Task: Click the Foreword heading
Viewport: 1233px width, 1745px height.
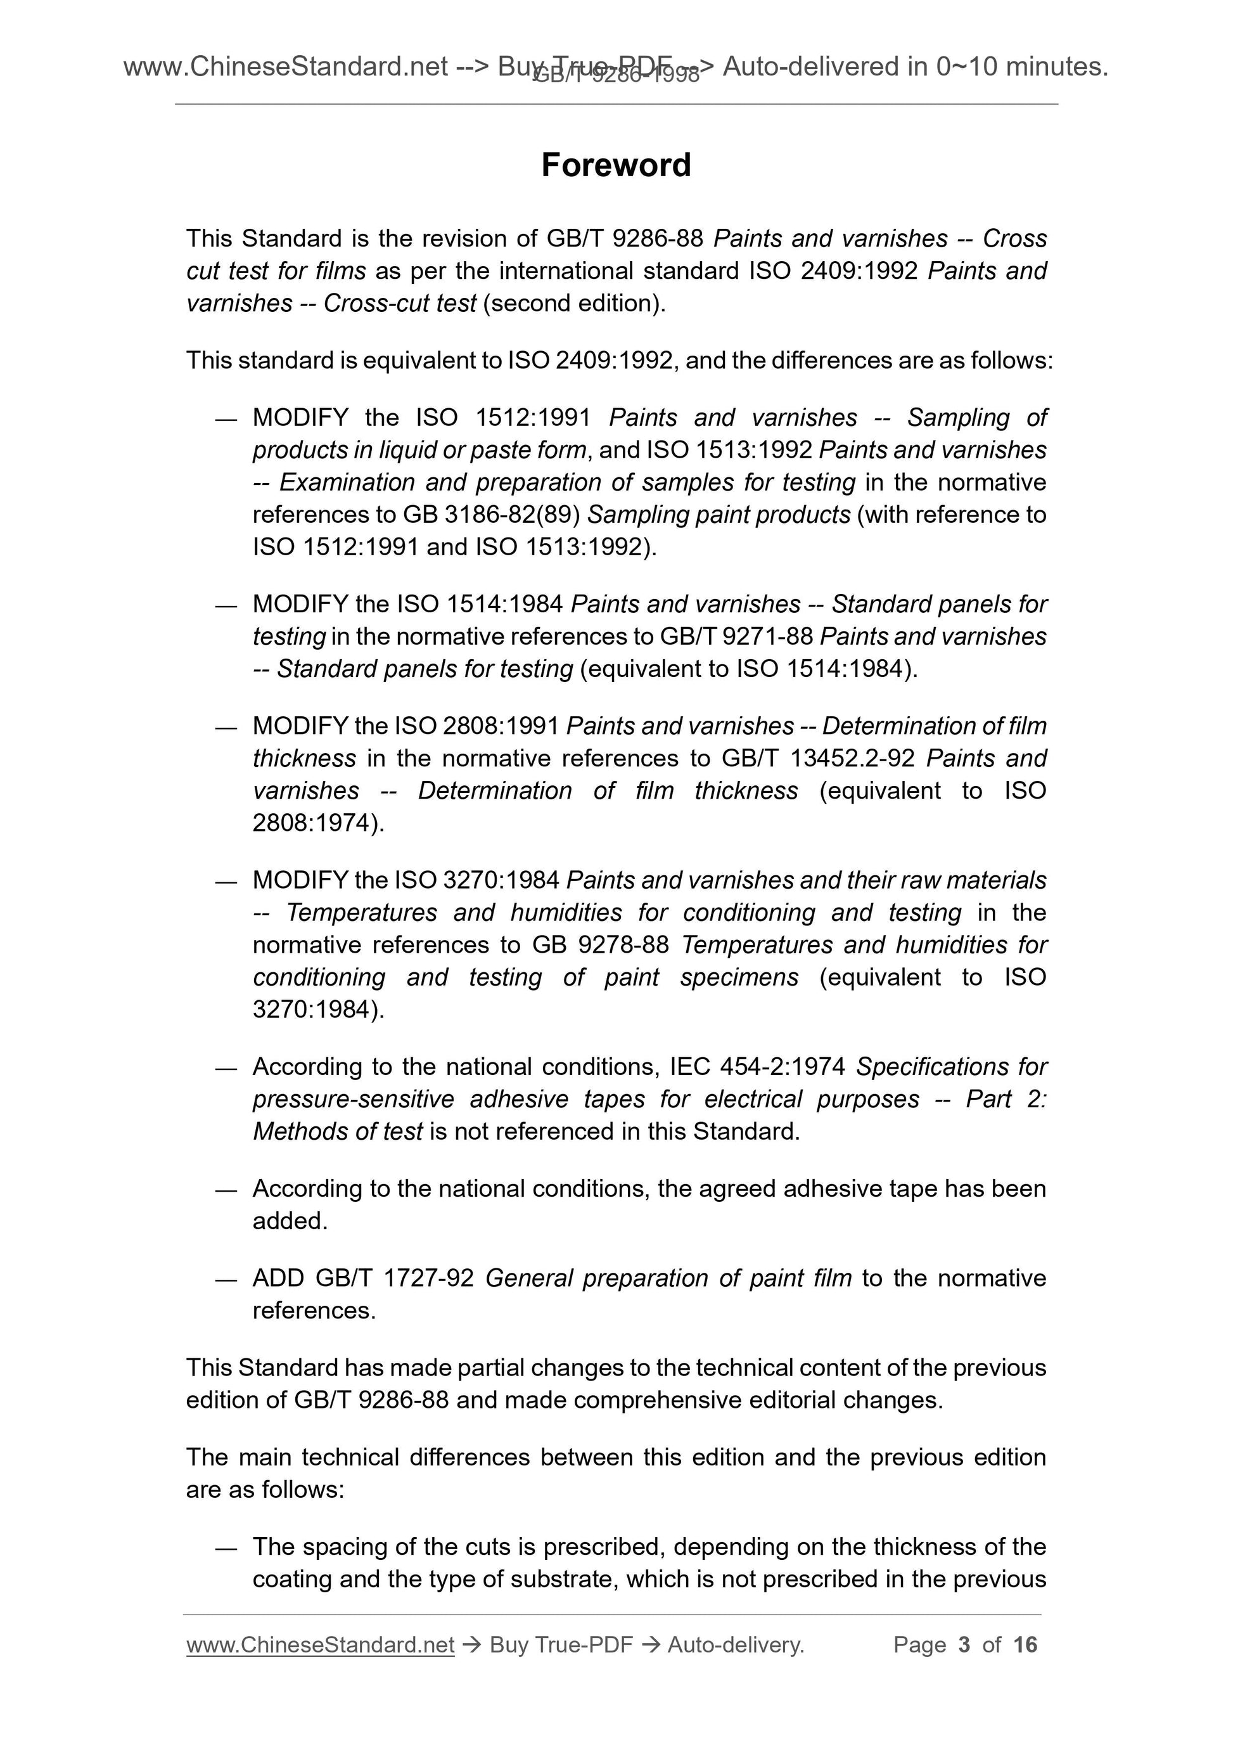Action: tap(615, 165)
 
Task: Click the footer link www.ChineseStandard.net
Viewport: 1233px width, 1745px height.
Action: tap(320, 1644)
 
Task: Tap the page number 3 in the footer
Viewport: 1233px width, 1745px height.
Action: tap(964, 1644)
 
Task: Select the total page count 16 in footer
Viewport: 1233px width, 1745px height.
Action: tap(1025, 1644)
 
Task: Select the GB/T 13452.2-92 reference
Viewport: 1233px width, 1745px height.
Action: tap(813, 759)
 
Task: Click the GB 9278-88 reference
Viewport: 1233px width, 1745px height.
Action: tap(600, 944)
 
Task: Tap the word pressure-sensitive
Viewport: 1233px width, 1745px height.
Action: tap(354, 1099)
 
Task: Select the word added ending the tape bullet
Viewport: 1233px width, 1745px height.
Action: tap(290, 1221)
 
